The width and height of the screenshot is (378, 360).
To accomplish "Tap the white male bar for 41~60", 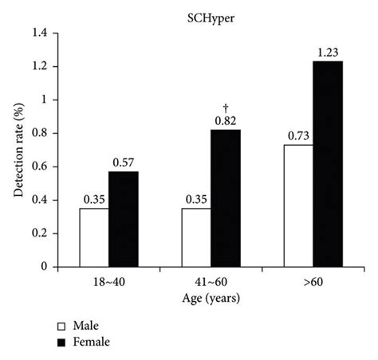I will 196,238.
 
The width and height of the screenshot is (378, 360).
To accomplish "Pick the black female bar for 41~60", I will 226,198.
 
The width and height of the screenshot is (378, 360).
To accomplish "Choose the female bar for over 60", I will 327,164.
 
